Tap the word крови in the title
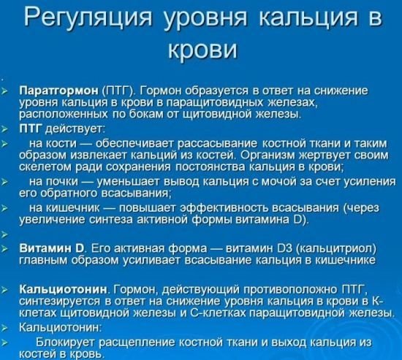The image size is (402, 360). tap(202, 49)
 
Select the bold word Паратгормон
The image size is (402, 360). tap(59, 91)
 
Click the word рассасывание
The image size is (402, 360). tap(217, 144)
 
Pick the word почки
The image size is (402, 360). tap(61, 182)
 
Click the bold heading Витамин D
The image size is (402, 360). tap(53, 248)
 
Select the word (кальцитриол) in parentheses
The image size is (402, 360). tap(336, 248)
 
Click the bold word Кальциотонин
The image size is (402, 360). tap(64, 289)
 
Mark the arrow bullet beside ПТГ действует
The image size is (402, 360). tap(4, 130)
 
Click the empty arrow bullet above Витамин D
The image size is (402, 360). tap(4, 234)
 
